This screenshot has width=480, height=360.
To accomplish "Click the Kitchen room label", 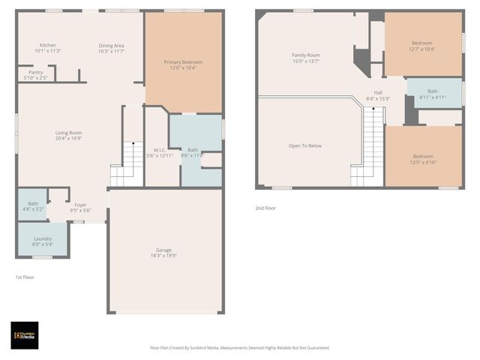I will [x=48, y=45].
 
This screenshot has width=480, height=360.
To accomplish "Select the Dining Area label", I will [x=111, y=46].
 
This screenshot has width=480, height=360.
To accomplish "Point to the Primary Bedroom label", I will [x=183, y=61].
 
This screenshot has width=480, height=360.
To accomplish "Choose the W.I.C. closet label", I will [x=160, y=150].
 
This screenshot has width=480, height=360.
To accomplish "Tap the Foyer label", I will [x=80, y=204].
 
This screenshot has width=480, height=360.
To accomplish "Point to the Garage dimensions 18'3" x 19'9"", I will [x=165, y=256].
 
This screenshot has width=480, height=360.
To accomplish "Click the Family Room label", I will [x=306, y=55].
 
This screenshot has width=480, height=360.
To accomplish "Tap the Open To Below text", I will [x=304, y=145].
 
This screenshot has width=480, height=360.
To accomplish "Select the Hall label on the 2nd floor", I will [x=379, y=93].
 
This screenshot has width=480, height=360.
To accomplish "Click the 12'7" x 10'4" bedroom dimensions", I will [x=423, y=49].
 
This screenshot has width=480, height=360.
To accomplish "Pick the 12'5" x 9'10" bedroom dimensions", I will [x=422, y=163].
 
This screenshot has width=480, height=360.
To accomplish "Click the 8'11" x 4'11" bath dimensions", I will [x=433, y=97].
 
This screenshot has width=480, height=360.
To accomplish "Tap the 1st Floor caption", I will [x=25, y=277].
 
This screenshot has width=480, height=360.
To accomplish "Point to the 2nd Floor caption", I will [x=265, y=208].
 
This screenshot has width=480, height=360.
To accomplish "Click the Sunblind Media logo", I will [x=24, y=335].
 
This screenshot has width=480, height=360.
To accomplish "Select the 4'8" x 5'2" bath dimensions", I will [x=33, y=209].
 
